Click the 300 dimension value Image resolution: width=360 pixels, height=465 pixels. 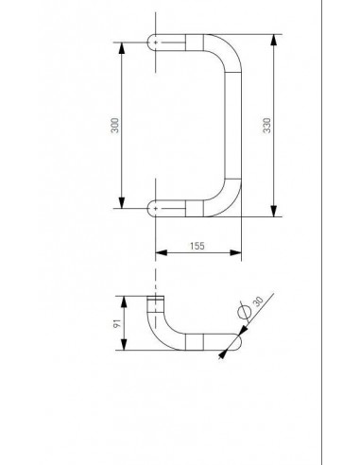(115, 126)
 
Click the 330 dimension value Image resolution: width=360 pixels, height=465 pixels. (266, 126)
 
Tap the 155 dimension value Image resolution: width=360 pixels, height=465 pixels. (197, 246)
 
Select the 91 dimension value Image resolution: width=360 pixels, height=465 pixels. (117, 323)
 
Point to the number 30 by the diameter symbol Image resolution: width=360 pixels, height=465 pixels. (258, 301)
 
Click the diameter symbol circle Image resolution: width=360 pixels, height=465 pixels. (245, 312)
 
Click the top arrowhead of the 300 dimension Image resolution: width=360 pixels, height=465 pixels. (122, 47)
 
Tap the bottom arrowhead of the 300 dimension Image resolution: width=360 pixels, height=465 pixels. (122, 203)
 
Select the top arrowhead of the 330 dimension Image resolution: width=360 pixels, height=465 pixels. (274, 40)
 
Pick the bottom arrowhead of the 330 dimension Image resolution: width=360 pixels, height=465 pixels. (274, 211)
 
